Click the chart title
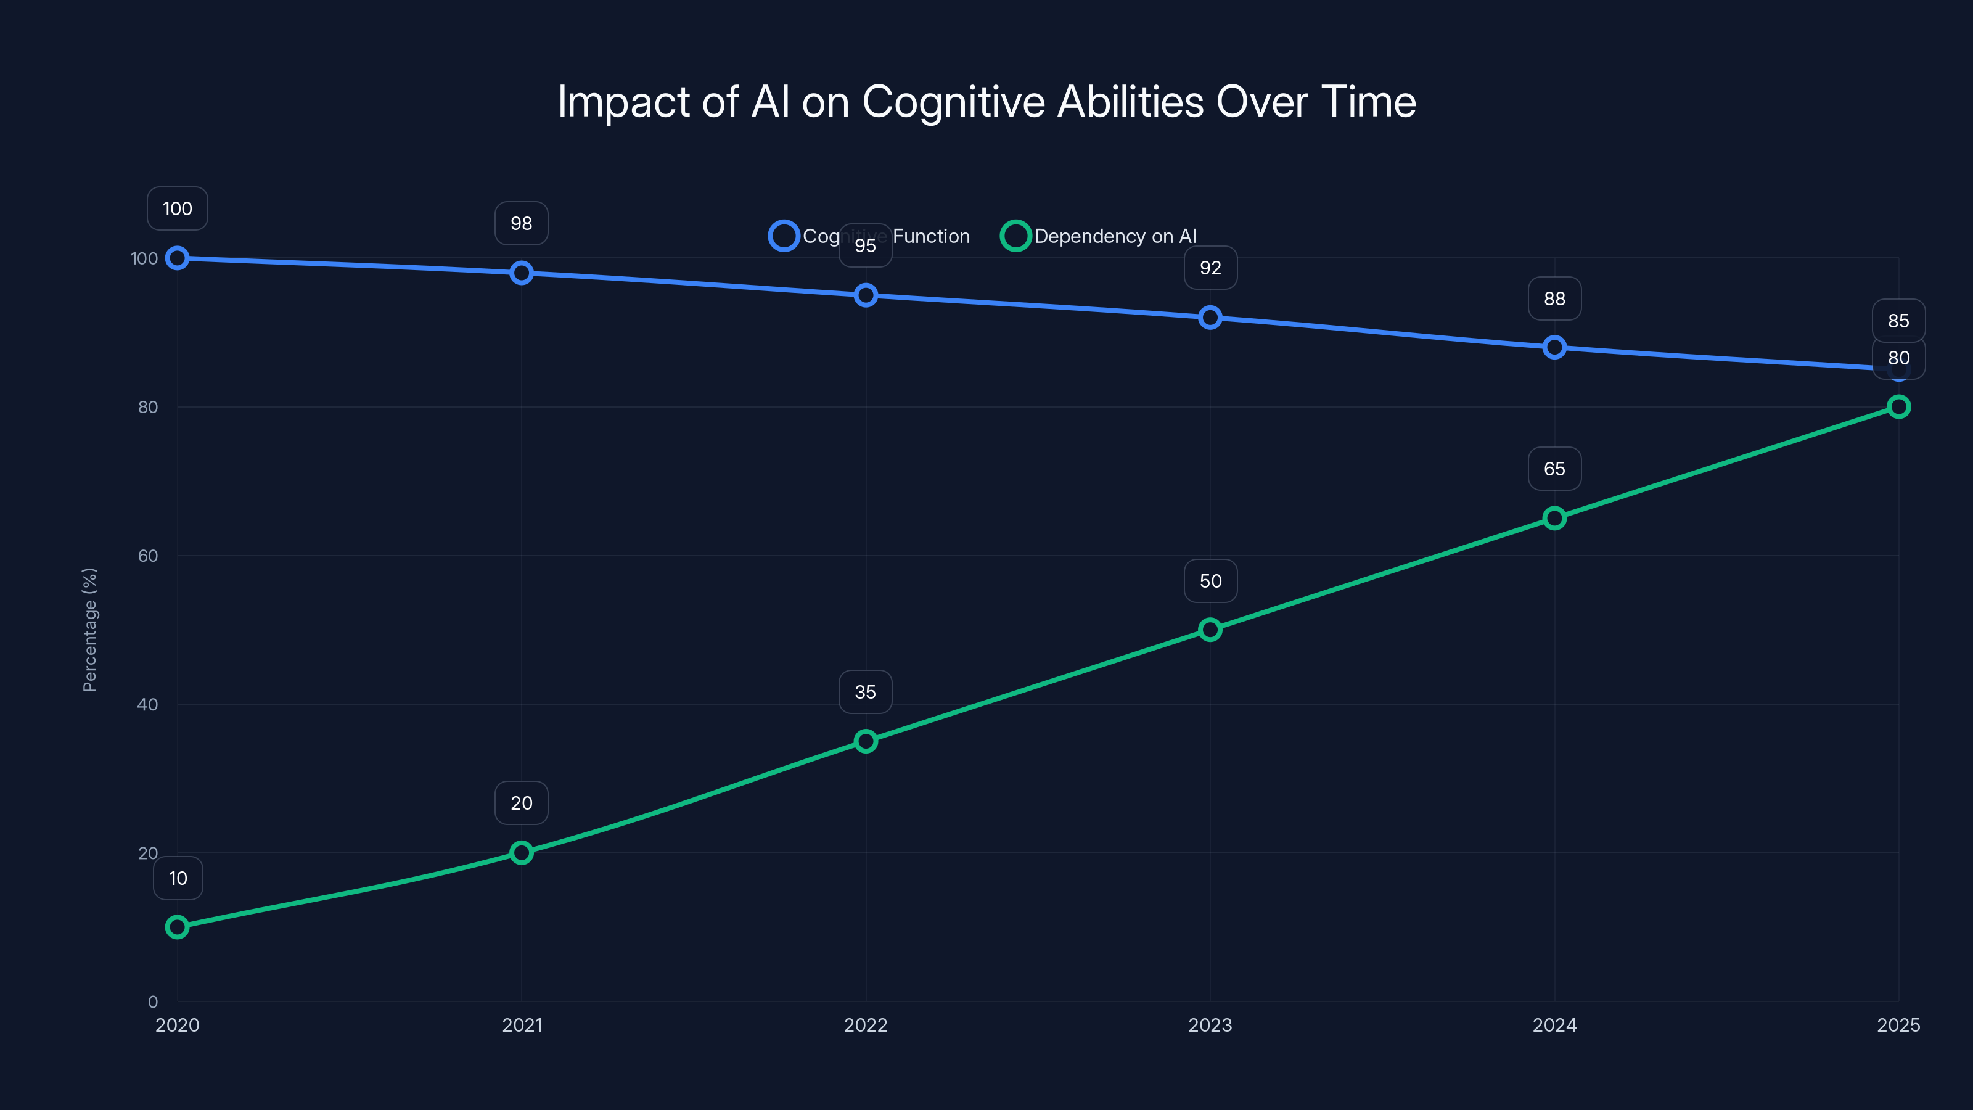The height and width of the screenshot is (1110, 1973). point(986,102)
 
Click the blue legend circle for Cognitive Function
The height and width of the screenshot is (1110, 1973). point(784,236)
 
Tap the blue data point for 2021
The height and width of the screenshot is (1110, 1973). point(522,273)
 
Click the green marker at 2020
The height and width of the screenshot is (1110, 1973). point(177,927)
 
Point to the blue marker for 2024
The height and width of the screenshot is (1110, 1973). point(1554,347)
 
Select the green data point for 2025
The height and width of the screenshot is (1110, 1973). point(1898,407)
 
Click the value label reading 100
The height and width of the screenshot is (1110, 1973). point(177,208)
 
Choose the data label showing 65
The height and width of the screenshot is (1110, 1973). point(1554,469)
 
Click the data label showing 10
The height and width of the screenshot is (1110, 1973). point(178,878)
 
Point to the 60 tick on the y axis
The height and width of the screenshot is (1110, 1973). point(148,556)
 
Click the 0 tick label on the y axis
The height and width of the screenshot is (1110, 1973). point(152,1001)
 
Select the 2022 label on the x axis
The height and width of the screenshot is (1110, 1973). point(866,1025)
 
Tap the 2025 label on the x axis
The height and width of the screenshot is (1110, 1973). point(1898,1025)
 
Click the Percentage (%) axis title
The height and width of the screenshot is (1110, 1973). point(89,630)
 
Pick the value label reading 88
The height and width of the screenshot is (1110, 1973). point(1554,298)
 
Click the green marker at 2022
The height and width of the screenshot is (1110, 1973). point(866,741)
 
